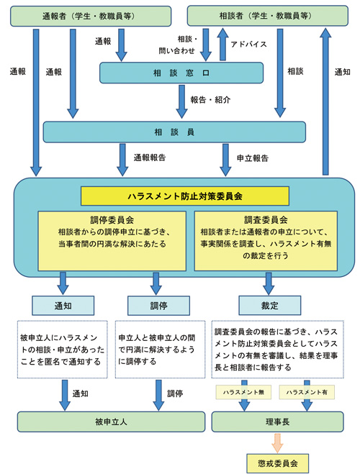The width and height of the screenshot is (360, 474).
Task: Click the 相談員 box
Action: [174, 132]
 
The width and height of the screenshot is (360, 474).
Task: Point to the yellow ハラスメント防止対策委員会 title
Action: [184, 196]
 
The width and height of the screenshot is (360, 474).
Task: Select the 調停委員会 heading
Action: [112, 220]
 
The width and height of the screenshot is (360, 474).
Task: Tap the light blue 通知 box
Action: [62, 304]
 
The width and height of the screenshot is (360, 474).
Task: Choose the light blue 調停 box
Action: [157, 304]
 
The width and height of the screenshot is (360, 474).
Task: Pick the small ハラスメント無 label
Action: [243, 392]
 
